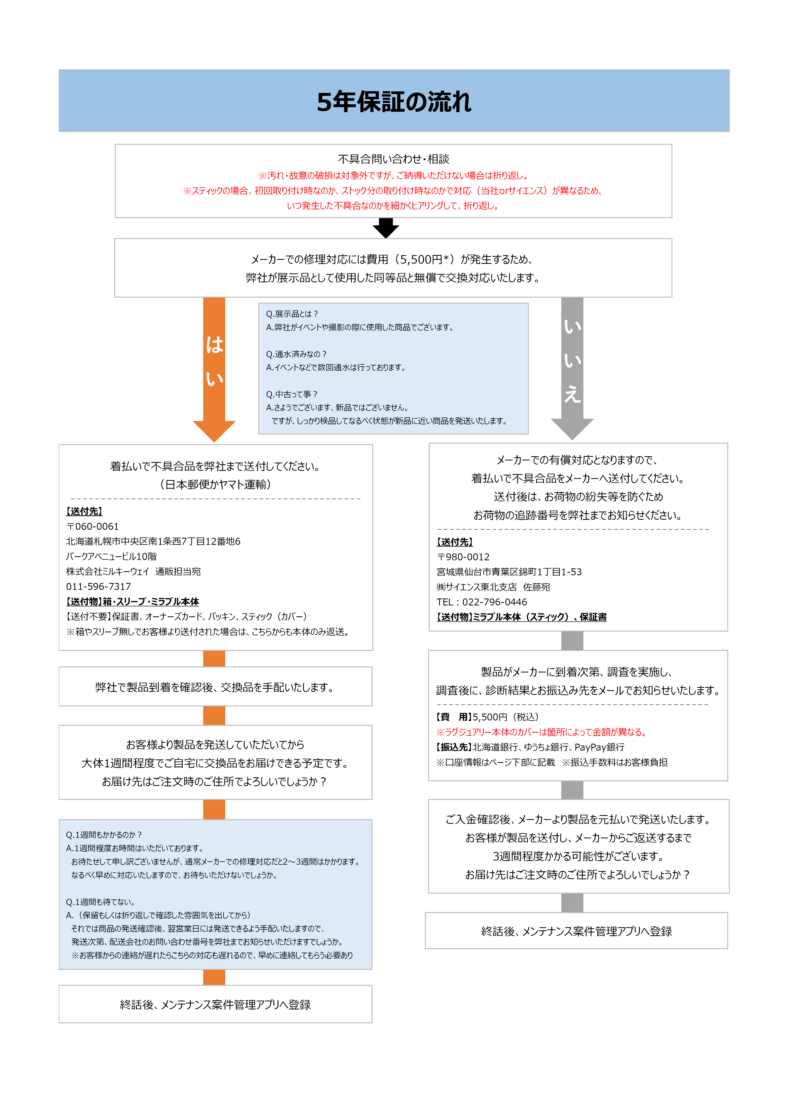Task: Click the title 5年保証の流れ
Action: [x=393, y=102]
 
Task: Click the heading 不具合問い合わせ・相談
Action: [x=393, y=159]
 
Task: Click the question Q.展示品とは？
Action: [x=292, y=314]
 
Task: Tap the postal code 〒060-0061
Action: [x=92, y=526]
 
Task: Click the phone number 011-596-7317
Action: [x=99, y=587]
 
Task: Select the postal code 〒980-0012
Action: [x=463, y=557]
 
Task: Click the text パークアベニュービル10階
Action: [x=111, y=556]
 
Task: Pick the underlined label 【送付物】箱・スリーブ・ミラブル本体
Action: [x=133, y=602]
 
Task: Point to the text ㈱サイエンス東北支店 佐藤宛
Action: [x=493, y=587]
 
